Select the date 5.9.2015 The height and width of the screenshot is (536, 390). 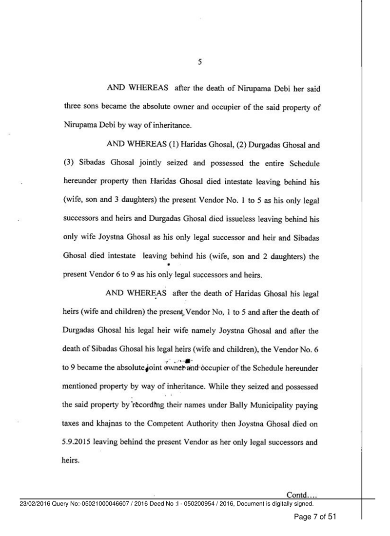coord(81,444)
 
